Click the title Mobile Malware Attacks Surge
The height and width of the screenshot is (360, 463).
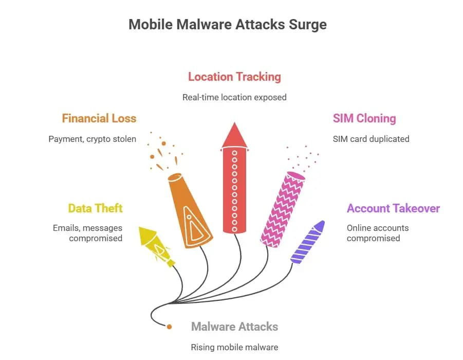(x=228, y=24)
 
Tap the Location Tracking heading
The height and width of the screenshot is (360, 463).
(x=234, y=77)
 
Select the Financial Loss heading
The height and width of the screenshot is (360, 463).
(x=99, y=118)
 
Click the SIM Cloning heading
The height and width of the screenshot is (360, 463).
(x=364, y=118)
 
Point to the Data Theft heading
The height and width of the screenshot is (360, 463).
(x=95, y=208)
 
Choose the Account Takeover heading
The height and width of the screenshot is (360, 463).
(x=393, y=208)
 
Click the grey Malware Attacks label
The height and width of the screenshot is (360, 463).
(x=234, y=327)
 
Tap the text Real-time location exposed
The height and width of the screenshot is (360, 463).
(x=234, y=97)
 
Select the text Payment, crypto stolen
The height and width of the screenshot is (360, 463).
(x=92, y=139)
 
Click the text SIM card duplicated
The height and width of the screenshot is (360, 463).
(x=371, y=139)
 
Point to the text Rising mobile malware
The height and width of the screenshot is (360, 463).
(x=234, y=347)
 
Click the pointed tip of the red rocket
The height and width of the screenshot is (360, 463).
(x=234, y=122)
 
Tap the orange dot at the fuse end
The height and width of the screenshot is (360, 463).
(x=169, y=327)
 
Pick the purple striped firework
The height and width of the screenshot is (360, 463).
(x=308, y=242)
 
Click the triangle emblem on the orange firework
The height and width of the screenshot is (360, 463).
(x=196, y=224)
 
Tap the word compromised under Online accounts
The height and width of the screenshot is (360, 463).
(x=373, y=238)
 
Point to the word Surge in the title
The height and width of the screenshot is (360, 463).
(x=308, y=25)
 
